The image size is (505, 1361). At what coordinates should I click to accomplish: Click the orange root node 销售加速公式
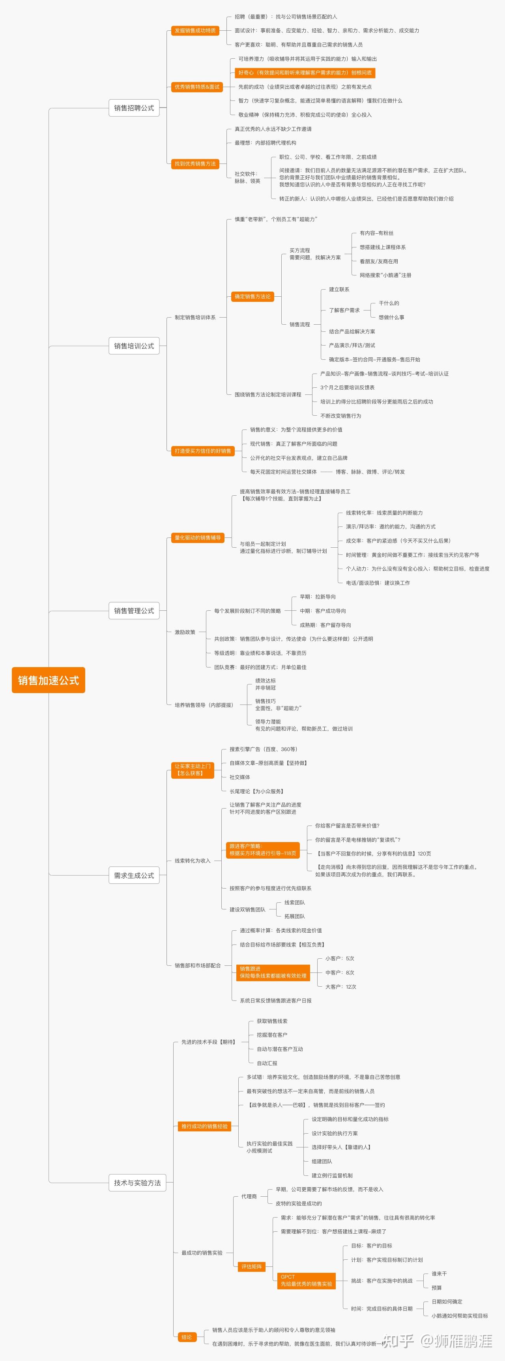[48, 680]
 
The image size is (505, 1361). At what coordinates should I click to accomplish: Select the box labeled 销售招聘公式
[134, 108]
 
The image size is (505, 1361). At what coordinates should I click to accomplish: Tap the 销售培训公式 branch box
[134, 346]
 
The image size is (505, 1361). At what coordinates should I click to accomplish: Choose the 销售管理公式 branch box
[134, 611]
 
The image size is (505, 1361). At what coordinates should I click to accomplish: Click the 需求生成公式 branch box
[134, 876]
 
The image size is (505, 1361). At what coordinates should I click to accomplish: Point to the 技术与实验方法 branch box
[137, 1183]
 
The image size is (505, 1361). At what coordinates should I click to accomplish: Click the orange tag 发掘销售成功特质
[195, 31]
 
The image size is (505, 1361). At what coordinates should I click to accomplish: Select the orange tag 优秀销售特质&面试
[197, 87]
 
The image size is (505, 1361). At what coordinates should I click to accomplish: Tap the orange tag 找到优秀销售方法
[195, 164]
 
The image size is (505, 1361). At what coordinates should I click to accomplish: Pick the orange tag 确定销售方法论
[252, 296]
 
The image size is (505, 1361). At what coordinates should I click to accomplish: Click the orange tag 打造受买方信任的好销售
[202, 451]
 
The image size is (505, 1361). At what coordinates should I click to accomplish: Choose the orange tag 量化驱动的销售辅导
[198, 537]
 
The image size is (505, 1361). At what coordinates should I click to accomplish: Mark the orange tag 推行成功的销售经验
[204, 1126]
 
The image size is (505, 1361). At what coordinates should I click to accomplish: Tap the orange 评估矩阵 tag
[251, 1266]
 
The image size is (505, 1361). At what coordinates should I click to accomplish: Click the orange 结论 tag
[187, 1337]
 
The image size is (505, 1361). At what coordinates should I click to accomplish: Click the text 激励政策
[185, 632]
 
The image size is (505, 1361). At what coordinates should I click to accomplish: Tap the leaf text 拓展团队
[295, 916]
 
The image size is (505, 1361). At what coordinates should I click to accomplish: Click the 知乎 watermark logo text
[398, 1341]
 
